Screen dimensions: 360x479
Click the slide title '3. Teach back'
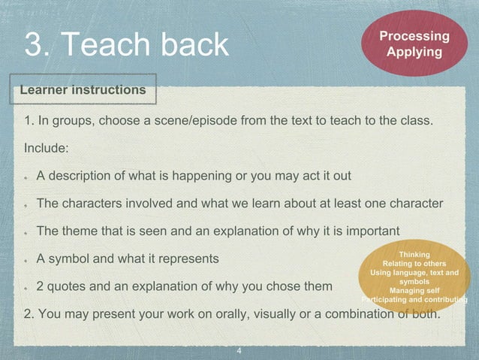pyautogui.click(x=126, y=44)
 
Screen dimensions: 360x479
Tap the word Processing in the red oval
pyautogui.click(x=414, y=36)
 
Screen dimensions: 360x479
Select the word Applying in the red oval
pyautogui.click(x=414, y=52)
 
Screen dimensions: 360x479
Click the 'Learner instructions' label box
pyautogui.click(x=83, y=90)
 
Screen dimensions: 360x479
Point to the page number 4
pyautogui.click(x=239, y=351)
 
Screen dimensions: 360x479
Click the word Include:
pyautogui.click(x=47, y=147)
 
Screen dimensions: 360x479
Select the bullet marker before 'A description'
pyautogui.click(x=26, y=177)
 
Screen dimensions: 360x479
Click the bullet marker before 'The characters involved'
pyautogui.click(x=26, y=204)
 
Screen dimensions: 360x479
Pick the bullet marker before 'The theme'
pyautogui.click(x=26, y=231)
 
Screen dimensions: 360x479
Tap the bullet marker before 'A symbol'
pyautogui.click(x=26, y=260)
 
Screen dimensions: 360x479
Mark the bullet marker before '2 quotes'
pyautogui.click(x=26, y=287)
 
